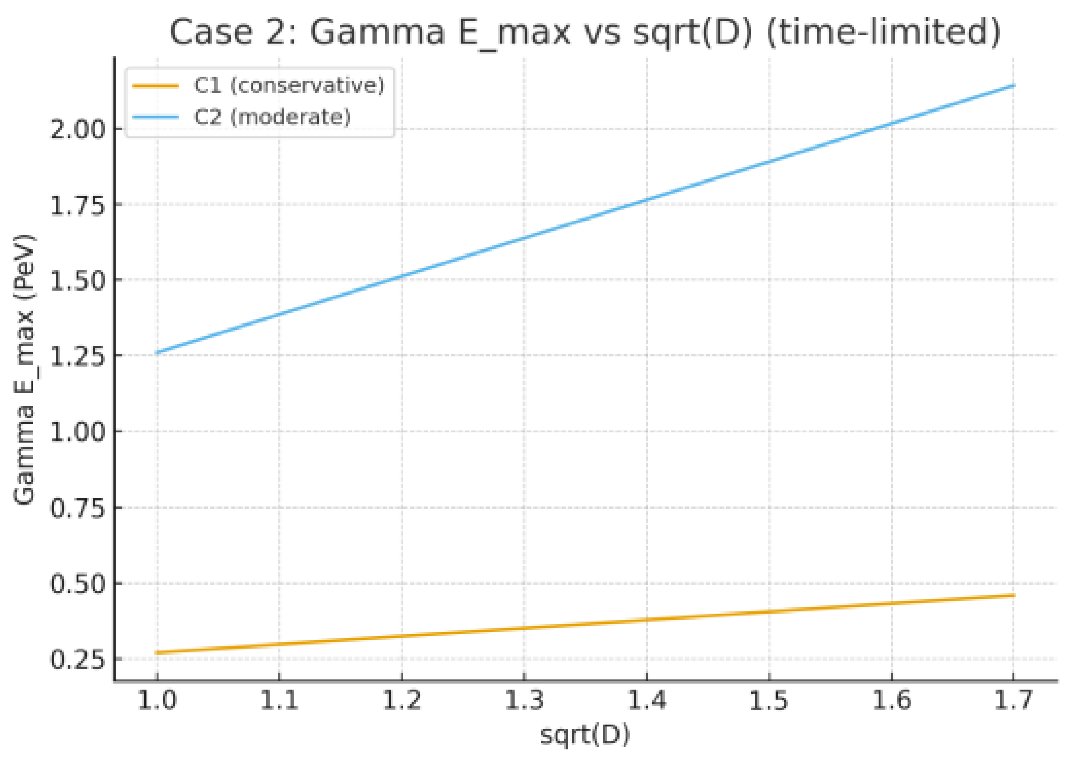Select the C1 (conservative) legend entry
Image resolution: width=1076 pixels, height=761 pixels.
pos(289,85)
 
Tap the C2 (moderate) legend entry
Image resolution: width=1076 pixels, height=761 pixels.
pos(272,116)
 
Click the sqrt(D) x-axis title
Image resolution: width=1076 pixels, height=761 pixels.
pos(585,735)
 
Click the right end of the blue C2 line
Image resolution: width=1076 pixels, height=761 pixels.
pos(1014,85)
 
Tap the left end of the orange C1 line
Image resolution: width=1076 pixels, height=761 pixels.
pos(157,652)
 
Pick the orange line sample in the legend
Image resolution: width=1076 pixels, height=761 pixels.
pos(156,86)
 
